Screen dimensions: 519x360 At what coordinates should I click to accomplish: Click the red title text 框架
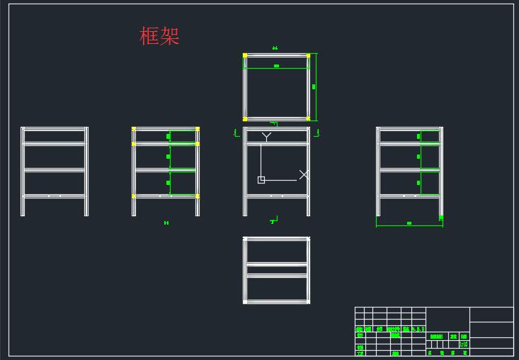[159, 36]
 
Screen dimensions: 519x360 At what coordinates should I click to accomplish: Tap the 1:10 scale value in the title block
[464, 344]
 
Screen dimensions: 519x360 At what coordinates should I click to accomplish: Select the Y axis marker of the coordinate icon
[266, 135]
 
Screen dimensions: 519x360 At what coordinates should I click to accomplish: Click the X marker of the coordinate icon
[304, 174]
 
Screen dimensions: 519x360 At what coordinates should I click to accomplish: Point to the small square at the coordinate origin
[261, 180]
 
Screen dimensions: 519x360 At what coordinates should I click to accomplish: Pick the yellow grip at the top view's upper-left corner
[245, 55]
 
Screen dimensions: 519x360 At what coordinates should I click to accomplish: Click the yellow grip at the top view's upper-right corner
[308, 55]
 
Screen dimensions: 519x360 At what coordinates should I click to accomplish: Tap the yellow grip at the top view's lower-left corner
[245, 119]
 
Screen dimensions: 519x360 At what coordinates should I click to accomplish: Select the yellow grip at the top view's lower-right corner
[308, 119]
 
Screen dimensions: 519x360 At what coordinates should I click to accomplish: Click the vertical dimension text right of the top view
[314, 86]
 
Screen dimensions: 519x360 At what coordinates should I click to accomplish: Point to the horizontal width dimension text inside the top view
[276, 66]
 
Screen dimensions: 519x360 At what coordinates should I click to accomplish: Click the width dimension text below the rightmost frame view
[409, 223]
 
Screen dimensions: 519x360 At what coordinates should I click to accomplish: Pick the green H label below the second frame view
[166, 223]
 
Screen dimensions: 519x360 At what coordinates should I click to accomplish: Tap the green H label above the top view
[275, 48]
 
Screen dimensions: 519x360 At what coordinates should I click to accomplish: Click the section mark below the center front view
[273, 222]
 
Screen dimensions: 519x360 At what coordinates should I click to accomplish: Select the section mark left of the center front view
[235, 133]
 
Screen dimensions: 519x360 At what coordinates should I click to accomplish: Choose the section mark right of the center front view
[318, 133]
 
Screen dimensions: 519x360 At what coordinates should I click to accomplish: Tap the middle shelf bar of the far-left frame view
[55, 170]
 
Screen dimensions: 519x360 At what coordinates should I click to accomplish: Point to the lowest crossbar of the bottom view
[276, 300]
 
